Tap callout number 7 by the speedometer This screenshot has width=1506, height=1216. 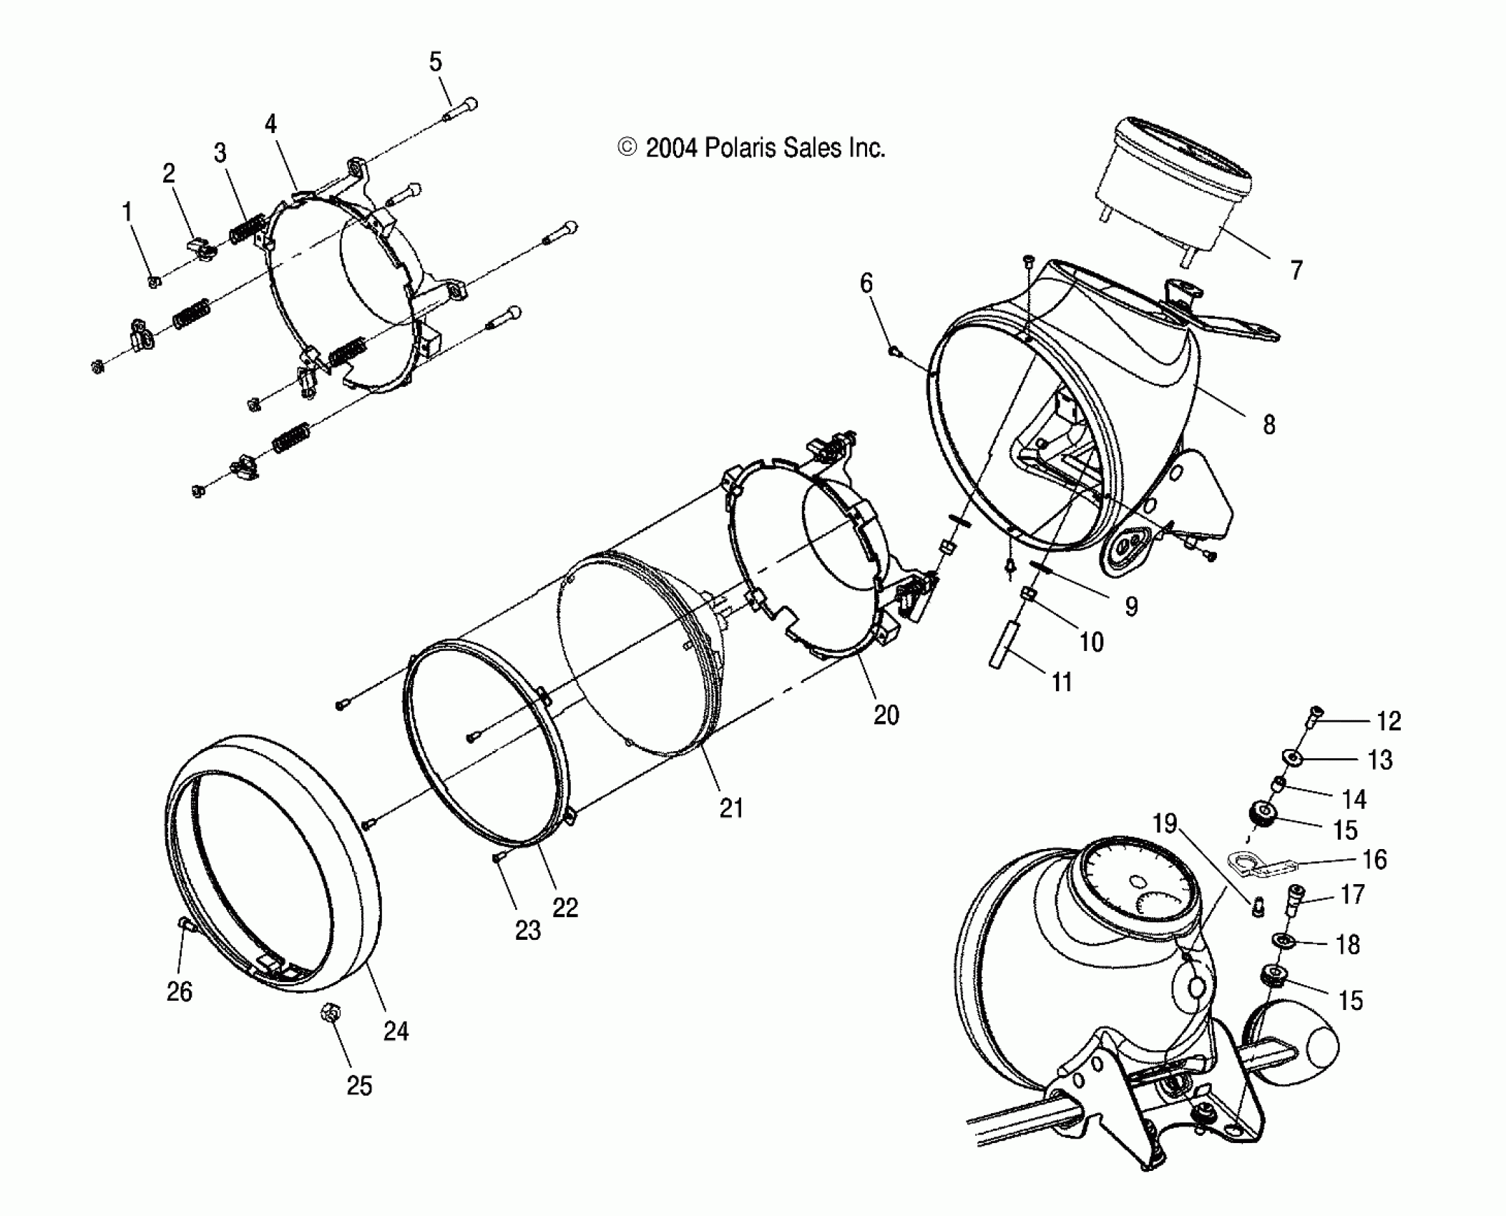pyautogui.click(x=1296, y=270)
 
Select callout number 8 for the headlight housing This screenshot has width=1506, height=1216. pyautogui.click(x=1268, y=425)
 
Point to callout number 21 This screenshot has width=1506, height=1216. pyautogui.click(x=731, y=808)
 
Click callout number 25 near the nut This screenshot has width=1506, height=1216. pyautogui.click(x=359, y=1086)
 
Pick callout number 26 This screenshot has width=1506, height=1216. pyautogui.click(x=180, y=991)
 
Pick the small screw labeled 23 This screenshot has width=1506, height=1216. pyautogui.click(x=498, y=858)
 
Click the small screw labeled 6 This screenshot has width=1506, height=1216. pyautogui.click(x=893, y=350)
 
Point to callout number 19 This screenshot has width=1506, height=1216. pyautogui.click(x=1165, y=824)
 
